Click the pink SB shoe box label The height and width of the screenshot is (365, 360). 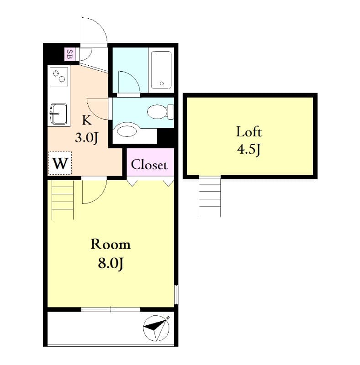(69, 54)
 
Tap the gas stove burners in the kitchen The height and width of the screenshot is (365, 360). (59, 77)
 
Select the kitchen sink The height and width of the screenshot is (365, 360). (59, 112)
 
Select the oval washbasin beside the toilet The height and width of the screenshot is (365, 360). (127, 131)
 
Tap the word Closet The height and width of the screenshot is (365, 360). (149, 165)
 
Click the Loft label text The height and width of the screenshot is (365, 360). (249, 132)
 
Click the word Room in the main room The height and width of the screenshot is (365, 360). (111, 244)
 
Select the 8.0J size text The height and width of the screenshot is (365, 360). (111, 263)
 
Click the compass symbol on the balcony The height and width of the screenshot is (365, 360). (157, 328)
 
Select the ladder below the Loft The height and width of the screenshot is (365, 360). (210, 196)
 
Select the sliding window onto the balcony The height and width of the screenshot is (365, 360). (111, 309)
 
